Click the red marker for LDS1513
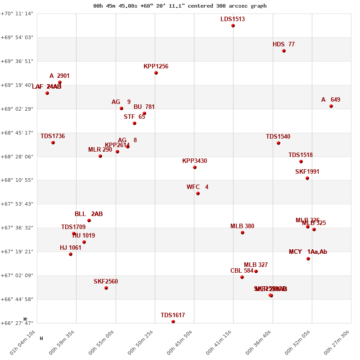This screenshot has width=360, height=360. pos(233,26)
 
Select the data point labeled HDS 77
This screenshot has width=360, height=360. pos(284,51)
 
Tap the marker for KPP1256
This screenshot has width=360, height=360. pos(156,73)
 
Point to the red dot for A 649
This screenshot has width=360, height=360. pos(331,106)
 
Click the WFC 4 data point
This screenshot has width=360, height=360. pos(198,193)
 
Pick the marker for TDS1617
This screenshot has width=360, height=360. pos(173,322)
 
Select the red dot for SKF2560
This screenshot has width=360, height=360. pos(106,288)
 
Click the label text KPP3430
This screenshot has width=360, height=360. pos(194,161)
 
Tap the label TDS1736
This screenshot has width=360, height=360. pos(53,136)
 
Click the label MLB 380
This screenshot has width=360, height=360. pos(242,226)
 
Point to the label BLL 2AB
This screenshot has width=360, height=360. pos(89,214)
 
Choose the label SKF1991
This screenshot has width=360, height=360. pos(307,172)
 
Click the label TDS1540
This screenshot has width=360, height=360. pos(278,137)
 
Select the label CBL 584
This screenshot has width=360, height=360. pos(242,271)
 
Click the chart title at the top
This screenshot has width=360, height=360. pos(180,6)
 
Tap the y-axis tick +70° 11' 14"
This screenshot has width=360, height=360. pos(17,13)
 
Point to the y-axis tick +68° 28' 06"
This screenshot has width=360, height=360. pos(17,157)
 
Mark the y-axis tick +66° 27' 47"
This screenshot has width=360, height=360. pos(17,323)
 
